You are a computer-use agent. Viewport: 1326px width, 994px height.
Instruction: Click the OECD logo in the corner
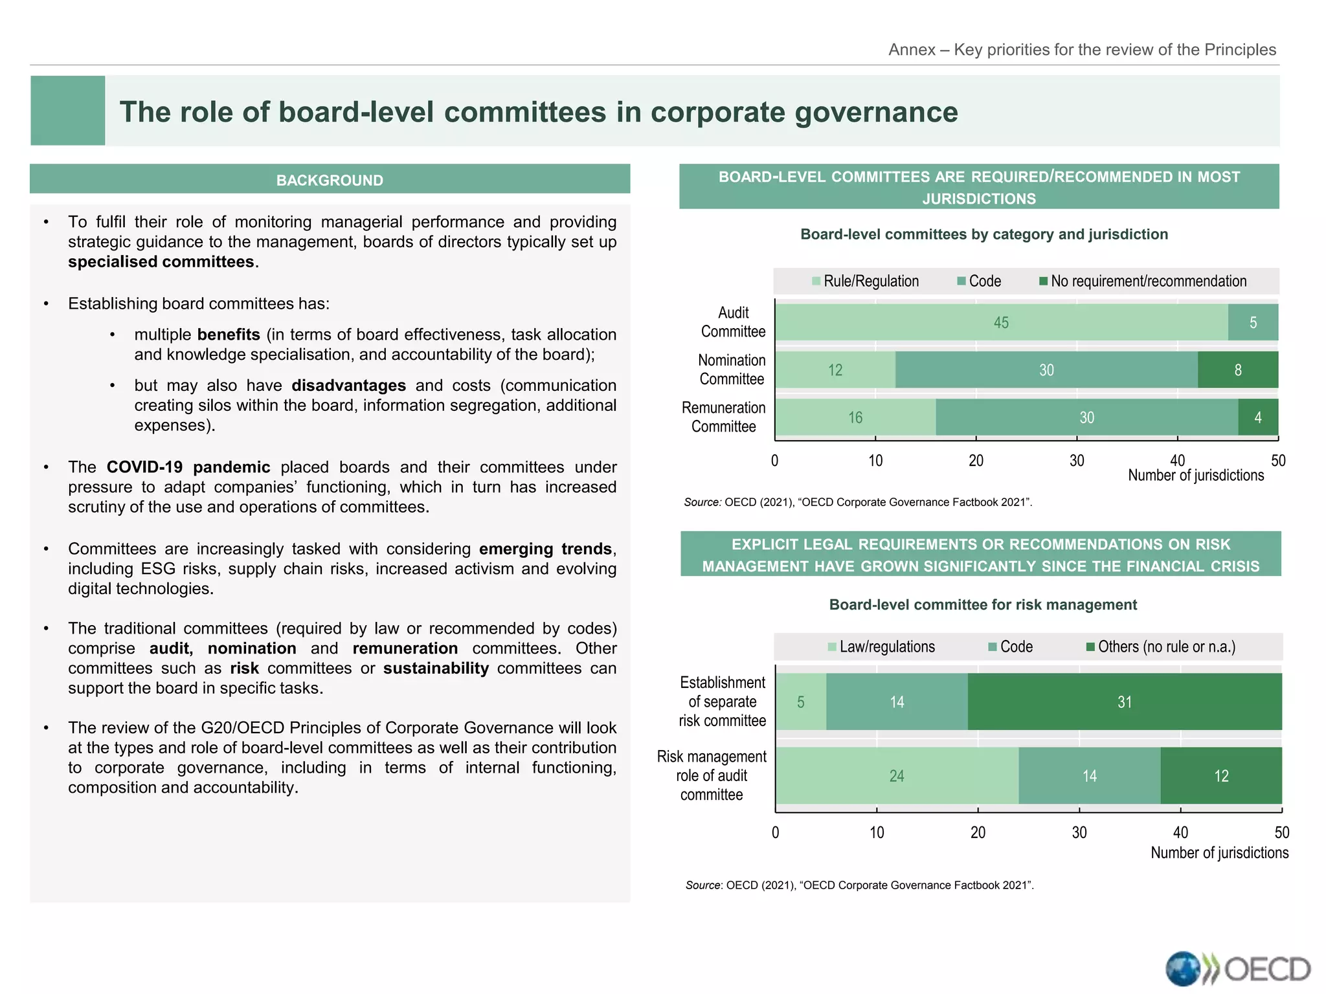click(1237, 968)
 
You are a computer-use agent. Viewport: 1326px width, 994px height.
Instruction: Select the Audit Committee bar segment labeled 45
click(1001, 322)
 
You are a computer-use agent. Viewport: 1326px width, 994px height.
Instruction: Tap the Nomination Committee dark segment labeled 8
click(1237, 370)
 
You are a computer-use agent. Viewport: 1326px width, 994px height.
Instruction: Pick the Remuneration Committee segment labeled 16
click(855, 417)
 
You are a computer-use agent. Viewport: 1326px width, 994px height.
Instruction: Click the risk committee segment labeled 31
click(1125, 702)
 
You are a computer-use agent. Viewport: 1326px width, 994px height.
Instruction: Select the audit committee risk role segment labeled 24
click(897, 776)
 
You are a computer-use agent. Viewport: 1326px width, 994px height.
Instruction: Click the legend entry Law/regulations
click(881, 647)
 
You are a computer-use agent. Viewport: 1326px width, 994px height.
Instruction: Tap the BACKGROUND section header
click(330, 180)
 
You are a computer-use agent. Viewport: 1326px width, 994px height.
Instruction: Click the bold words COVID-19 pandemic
click(188, 467)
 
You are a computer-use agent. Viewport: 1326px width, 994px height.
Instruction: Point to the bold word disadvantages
click(348, 386)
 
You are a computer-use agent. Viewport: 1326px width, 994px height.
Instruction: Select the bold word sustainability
click(436, 668)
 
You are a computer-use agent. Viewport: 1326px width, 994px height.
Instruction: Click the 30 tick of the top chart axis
click(1077, 461)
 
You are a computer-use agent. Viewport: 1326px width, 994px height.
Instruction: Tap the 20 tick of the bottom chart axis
click(978, 833)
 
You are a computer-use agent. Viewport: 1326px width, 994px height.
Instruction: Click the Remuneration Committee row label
click(724, 417)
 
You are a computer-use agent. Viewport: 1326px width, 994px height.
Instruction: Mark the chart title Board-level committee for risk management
click(983, 605)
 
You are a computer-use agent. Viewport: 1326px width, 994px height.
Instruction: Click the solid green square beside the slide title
click(68, 111)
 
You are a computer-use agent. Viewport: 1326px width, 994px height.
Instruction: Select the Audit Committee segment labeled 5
click(1253, 322)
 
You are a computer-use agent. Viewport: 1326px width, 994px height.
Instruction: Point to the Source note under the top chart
click(858, 502)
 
